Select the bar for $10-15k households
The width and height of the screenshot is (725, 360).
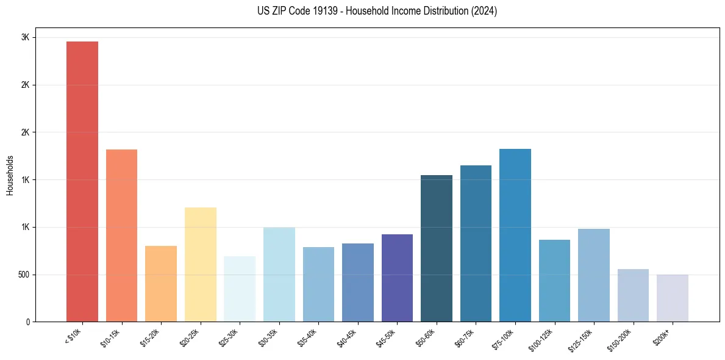[x=121, y=236]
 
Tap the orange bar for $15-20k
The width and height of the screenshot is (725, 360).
[x=161, y=284]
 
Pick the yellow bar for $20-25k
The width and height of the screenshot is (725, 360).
[x=200, y=264]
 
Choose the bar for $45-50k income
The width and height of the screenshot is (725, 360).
[x=397, y=278]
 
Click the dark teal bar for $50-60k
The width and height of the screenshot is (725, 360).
[x=437, y=248]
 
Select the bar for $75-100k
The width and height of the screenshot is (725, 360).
[x=515, y=235]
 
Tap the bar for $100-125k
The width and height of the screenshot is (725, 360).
[x=554, y=281]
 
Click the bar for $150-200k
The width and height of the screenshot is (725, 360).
[x=633, y=295]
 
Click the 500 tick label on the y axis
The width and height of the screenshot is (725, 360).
[x=24, y=275]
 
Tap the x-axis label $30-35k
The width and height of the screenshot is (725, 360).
[x=270, y=337]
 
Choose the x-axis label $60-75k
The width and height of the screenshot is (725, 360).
[x=466, y=337]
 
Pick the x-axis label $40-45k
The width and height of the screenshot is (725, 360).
[x=348, y=337]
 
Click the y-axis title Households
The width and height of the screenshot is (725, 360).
[x=10, y=175]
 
